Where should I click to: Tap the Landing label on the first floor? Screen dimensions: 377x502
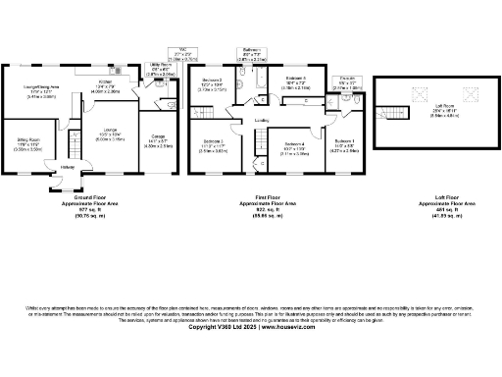coord(263,121)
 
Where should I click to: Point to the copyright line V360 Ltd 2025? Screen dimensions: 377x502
coord(250,327)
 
